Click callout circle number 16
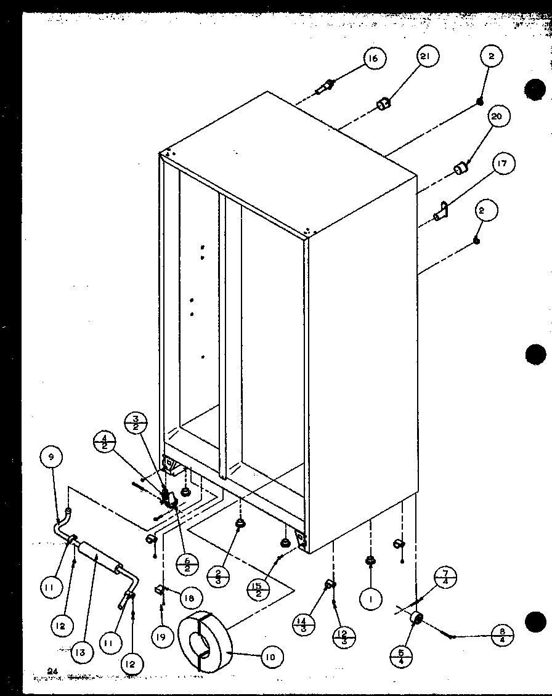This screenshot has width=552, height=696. click(x=373, y=59)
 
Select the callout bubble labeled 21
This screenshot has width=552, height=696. click(x=426, y=57)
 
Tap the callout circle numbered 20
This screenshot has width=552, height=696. click(x=497, y=116)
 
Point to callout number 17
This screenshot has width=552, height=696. click(x=503, y=164)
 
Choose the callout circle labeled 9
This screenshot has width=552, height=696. click(x=51, y=456)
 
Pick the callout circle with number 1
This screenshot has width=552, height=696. click(x=370, y=598)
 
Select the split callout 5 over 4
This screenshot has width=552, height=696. click(x=401, y=657)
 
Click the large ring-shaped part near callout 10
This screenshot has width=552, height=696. click(x=203, y=641)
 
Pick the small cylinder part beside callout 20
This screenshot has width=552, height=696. click(x=461, y=168)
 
